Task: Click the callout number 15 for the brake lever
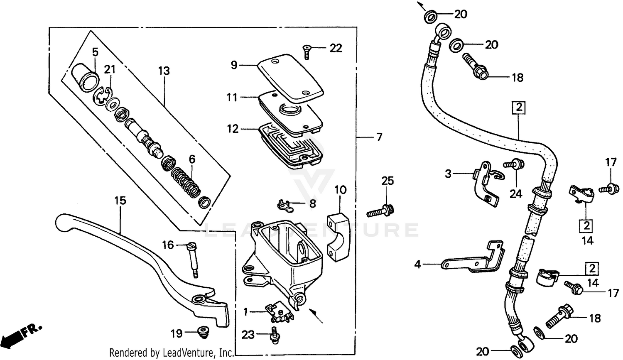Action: click(x=120, y=201)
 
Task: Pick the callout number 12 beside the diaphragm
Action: click(x=233, y=129)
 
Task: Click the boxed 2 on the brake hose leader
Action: click(x=519, y=108)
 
